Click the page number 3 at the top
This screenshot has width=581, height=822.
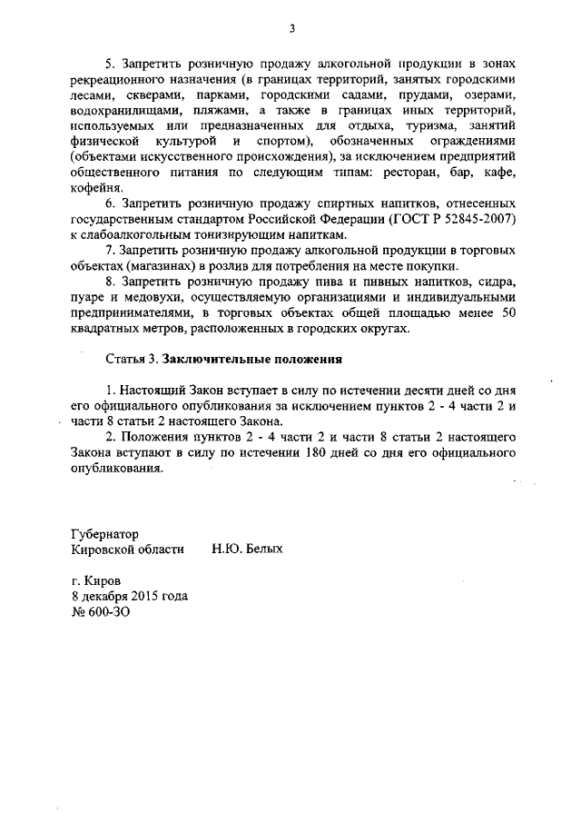click(292, 27)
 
